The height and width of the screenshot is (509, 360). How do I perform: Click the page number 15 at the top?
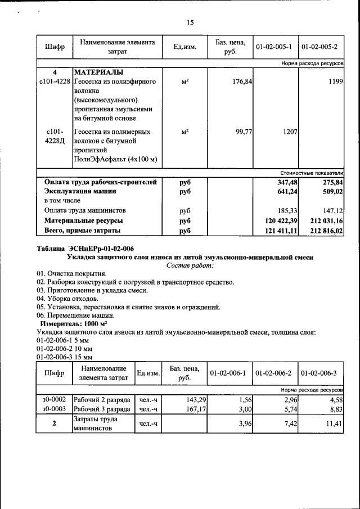click(x=190, y=22)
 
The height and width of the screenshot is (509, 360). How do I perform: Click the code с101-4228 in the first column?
click(x=54, y=82)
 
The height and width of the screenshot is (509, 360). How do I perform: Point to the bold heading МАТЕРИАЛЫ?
click(x=98, y=73)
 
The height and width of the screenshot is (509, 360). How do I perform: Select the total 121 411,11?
click(x=278, y=231)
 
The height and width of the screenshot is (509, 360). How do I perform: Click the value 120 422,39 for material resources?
click(x=278, y=220)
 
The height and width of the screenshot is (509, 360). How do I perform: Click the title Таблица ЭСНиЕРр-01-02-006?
click(x=85, y=249)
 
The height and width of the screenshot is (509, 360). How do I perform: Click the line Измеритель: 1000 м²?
click(x=74, y=325)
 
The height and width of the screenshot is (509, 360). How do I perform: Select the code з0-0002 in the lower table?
click(x=54, y=399)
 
